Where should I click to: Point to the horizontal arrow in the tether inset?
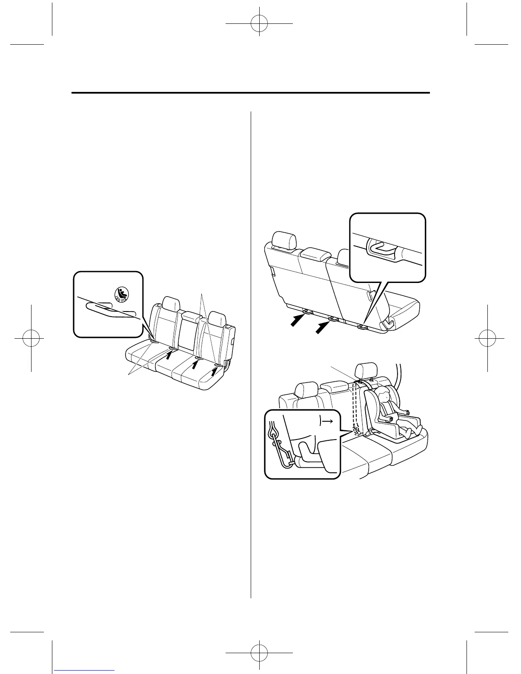pyautogui.click(x=327, y=421)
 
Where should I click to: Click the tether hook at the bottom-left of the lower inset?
pyautogui.click(x=279, y=447)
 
